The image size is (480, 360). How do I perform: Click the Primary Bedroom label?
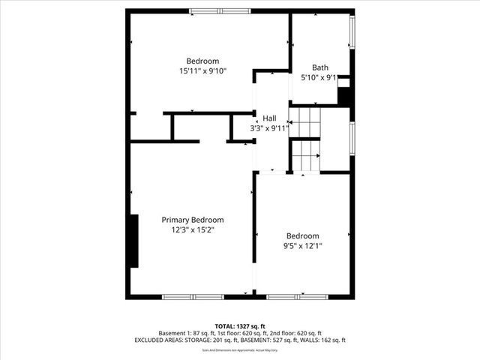[193, 220]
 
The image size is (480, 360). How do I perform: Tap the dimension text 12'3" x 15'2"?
[193, 230]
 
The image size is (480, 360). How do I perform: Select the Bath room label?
[320, 67]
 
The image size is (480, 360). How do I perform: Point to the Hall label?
[268, 118]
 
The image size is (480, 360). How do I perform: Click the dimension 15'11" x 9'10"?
[202, 71]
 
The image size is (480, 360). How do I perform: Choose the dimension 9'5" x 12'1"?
[302, 245]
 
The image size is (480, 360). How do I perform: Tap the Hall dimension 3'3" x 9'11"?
[269, 128]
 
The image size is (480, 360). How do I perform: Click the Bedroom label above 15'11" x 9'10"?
[202, 61]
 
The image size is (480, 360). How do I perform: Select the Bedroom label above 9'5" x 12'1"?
[302, 235]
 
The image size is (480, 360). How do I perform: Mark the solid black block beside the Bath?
[345, 96]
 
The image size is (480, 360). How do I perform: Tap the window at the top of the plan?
[220, 11]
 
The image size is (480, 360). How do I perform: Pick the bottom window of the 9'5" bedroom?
[297, 297]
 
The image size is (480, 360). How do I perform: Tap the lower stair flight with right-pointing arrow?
[305, 156]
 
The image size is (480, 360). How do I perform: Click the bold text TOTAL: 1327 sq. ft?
[240, 325]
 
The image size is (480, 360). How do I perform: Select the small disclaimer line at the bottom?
[240, 350]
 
